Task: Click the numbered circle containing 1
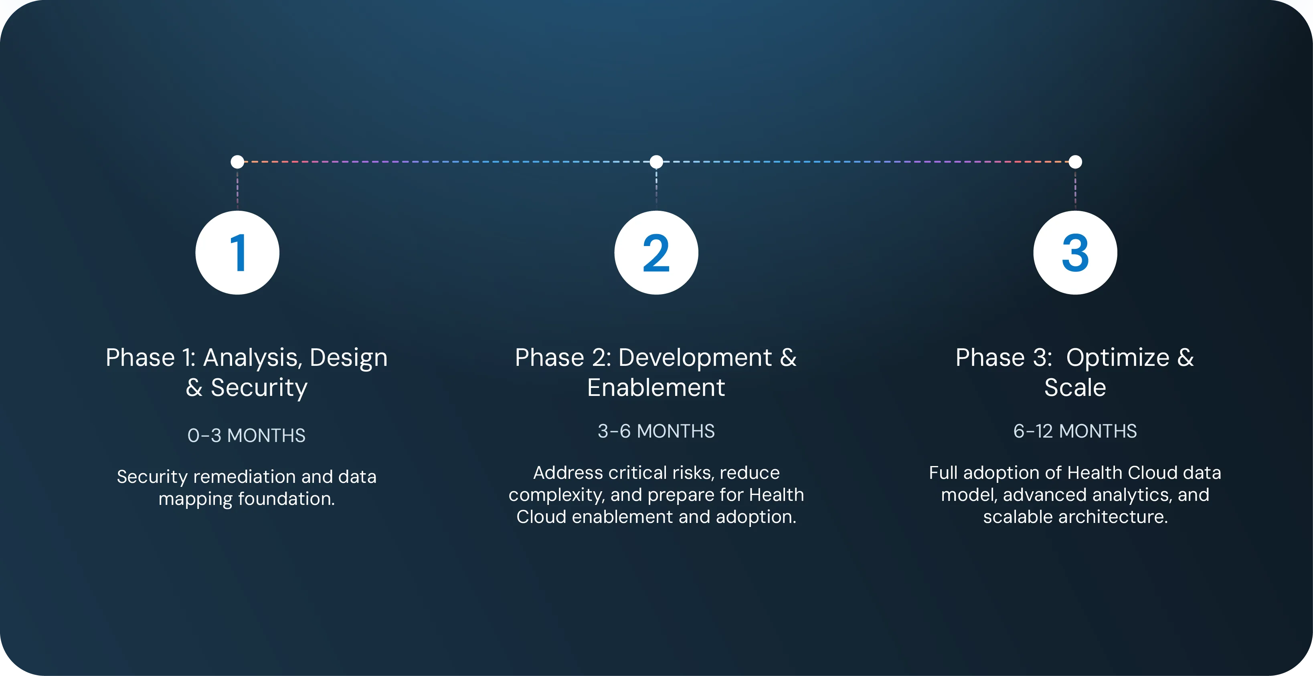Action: click(x=237, y=253)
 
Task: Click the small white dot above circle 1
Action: click(x=237, y=162)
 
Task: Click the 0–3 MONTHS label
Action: click(x=246, y=436)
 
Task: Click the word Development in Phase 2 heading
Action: click(x=695, y=357)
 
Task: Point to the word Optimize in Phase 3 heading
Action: click(x=1118, y=357)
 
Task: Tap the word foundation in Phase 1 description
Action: click(x=286, y=499)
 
